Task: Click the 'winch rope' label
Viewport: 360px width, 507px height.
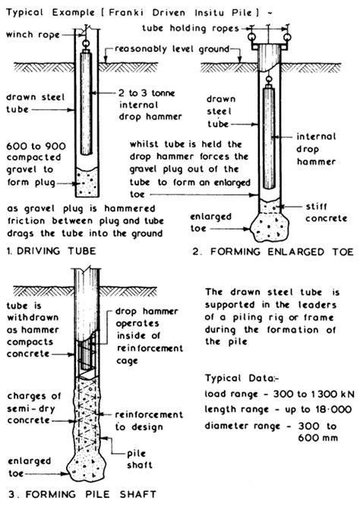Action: point(32,33)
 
